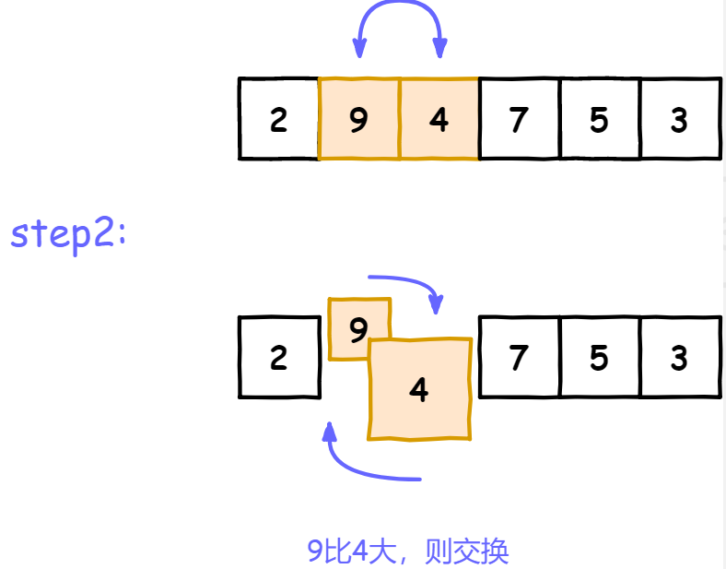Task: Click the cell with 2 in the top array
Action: tap(278, 119)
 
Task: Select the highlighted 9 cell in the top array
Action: tap(359, 119)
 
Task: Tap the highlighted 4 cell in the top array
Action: tap(439, 119)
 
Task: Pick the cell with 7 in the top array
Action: tap(520, 119)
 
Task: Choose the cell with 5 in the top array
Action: tap(600, 119)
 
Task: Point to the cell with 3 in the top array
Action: tap(680, 119)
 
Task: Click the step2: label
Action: tap(68, 234)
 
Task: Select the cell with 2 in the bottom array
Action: tap(278, 358)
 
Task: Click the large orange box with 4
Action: tap(420, 390)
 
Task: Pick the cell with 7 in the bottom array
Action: tap(520, 358)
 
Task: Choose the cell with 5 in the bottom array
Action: tap(600, 358)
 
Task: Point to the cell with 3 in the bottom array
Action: tap(680, 358)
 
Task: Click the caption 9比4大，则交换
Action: tap(408, 551)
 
